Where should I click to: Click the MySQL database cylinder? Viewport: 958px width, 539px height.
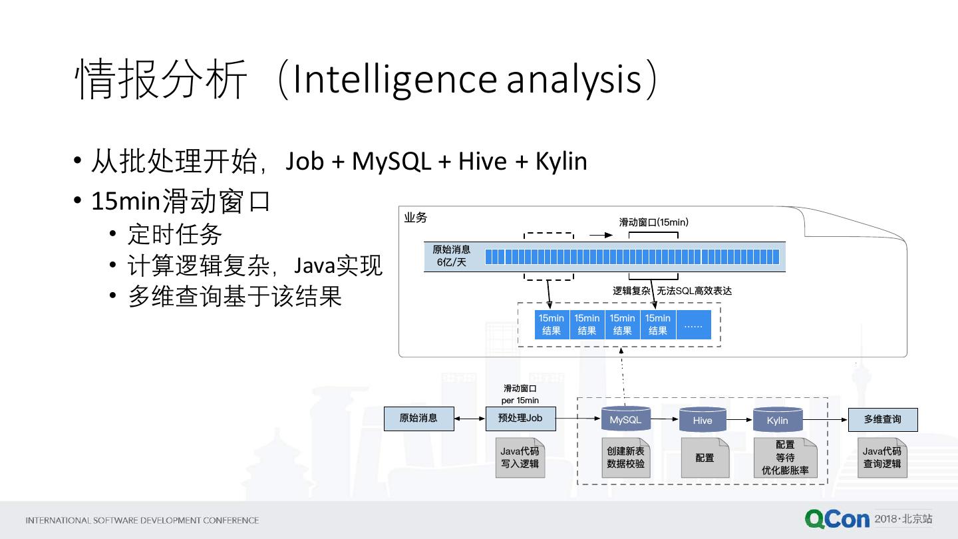click(625, 418)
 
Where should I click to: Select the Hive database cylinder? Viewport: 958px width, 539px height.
click(703, 419)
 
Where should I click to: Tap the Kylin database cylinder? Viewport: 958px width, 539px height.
click(778, 419)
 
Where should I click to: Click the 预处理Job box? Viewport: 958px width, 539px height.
click(520, 419)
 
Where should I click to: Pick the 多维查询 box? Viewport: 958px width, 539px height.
click(883, 420)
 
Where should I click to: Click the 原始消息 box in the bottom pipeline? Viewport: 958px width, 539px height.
click(418, 419)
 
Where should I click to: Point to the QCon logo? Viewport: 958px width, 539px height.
click(837, 519)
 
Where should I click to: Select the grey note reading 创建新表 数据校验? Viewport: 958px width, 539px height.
click(625, 457)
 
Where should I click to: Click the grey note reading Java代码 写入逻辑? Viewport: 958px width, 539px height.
click(520, 457)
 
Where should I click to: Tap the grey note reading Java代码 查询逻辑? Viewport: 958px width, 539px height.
click(882, 457)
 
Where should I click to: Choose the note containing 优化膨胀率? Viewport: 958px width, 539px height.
click(785, 457)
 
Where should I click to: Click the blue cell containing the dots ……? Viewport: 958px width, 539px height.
click(694, 325)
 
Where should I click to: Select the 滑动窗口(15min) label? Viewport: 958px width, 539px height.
click(654, 222)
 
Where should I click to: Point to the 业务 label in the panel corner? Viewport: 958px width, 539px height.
click(415, 218)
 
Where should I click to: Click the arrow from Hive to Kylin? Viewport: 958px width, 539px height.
click(740, 420)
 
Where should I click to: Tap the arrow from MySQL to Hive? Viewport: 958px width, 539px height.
click(665, 419)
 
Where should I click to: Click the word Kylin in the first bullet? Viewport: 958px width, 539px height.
click(561, 161)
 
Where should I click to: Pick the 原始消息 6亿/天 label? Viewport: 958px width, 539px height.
click(451, 256)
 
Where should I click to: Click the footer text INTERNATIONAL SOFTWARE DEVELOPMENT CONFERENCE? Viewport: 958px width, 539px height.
click(142, 520)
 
